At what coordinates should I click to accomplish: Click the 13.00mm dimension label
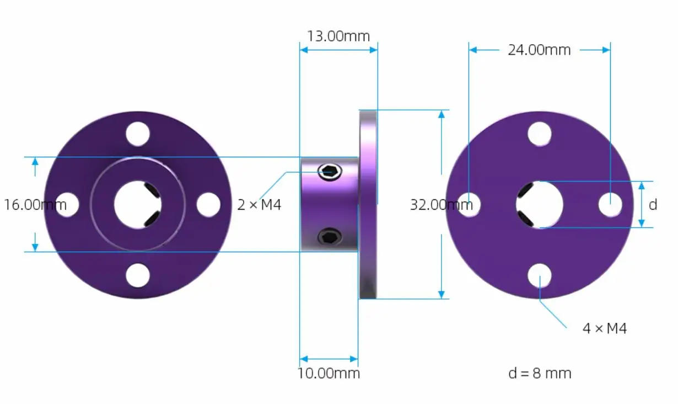click(338, 36)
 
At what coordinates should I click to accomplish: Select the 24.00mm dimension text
click(539, 50)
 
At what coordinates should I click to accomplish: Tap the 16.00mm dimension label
click(35, 205)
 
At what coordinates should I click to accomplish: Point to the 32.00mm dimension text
click(441, 205)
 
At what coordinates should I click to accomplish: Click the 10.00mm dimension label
click(329, 373)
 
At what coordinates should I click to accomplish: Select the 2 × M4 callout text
click(259, 205)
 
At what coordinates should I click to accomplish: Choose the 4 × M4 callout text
click(604, 329)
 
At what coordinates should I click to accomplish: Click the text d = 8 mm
click(539, 373)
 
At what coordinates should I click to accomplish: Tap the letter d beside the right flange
click(653, 205)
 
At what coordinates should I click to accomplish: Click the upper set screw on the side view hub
click(330, 172)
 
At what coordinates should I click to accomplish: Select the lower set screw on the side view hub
click(330, 237)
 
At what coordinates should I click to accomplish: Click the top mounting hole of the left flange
click(138, 134)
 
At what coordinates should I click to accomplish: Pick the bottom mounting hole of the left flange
click(138, 275)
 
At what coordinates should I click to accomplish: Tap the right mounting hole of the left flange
click(208, 204)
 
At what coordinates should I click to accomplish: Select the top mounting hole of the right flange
click(539, 134)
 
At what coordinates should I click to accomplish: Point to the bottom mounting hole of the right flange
click(539, 275)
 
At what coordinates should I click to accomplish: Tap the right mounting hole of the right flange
click(610, 205)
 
